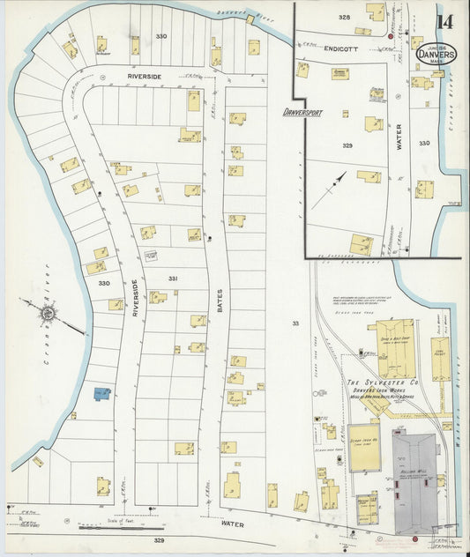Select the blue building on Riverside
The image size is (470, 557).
point(102,393)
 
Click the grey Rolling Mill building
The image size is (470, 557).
point(414,481)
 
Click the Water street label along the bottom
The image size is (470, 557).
point(233,524)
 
